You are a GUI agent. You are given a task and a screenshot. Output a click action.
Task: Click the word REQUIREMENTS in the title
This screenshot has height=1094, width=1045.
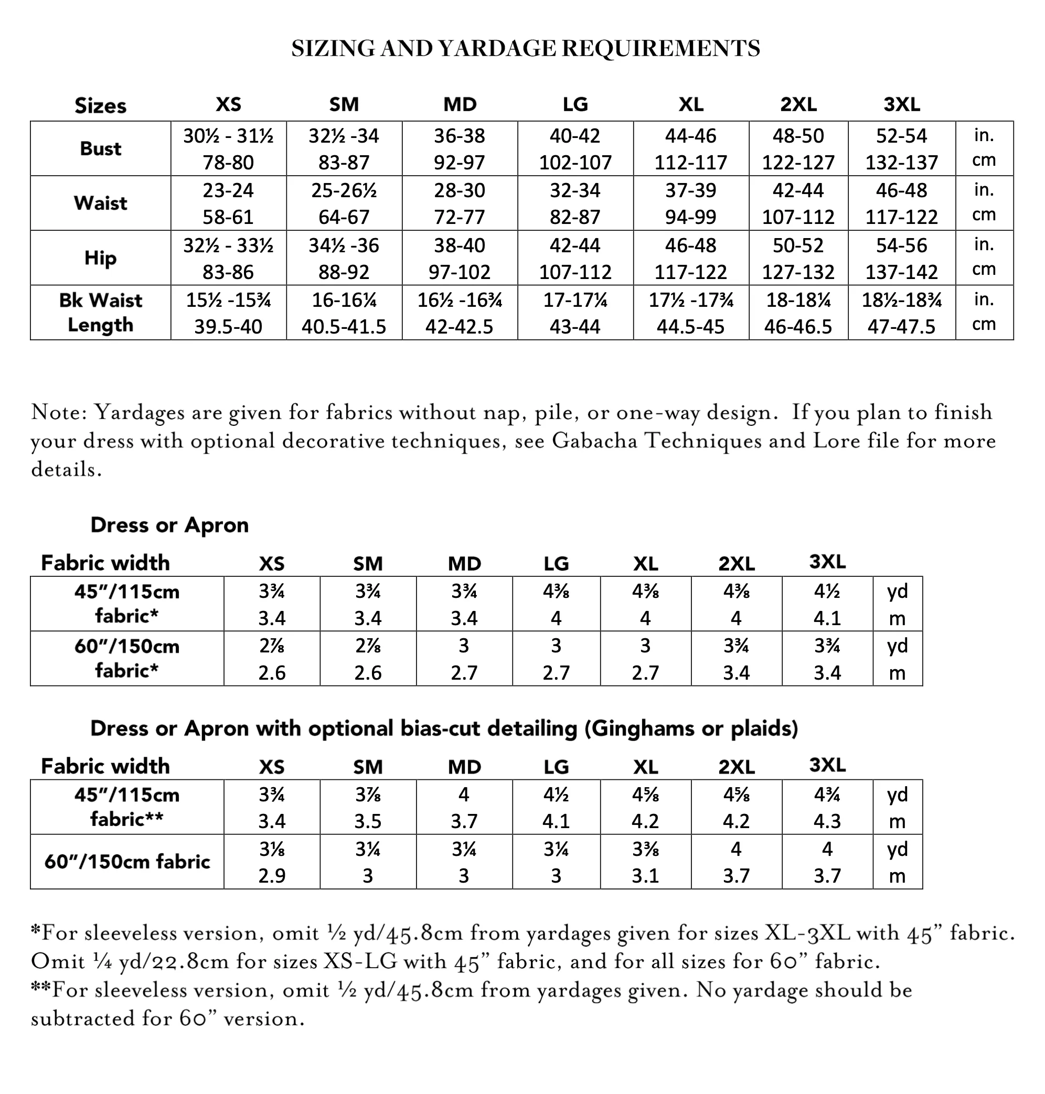click(660, 48)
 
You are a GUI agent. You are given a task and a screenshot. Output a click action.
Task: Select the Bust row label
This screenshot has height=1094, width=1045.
click(100, 148)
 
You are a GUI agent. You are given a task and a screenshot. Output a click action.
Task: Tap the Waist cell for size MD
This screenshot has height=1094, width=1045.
click(460, 203)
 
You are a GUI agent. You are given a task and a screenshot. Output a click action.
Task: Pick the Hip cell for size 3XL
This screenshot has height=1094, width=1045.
click(901, 258)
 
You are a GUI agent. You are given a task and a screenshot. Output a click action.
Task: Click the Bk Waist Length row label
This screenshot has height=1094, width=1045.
click(100, 313)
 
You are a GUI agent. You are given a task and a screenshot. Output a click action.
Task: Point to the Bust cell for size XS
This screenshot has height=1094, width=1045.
click(228, 148)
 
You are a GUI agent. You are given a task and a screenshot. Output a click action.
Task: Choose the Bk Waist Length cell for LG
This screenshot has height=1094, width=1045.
click(575, 313)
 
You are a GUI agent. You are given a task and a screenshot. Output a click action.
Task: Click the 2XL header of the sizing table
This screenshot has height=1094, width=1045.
click(798, 104)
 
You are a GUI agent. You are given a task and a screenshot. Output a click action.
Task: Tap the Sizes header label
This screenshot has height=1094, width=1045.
click(100, 105)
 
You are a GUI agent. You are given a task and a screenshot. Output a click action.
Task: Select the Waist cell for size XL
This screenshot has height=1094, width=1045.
click(691, 203)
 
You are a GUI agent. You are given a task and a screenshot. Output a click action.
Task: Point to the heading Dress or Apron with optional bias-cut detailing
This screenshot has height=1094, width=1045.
click(444, 728)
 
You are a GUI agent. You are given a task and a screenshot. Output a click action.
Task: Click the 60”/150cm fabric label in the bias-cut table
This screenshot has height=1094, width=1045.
click(127, 861)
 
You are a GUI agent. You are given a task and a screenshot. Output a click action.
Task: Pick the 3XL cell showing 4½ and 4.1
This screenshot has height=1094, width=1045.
click(827, 604)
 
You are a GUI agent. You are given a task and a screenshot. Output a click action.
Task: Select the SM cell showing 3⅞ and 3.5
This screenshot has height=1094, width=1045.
click(368, 807)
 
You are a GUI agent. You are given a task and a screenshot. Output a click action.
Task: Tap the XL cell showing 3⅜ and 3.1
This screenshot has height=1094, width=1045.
click(645, 862)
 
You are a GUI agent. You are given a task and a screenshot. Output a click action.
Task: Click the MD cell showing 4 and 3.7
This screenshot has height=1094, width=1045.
click(464, 807)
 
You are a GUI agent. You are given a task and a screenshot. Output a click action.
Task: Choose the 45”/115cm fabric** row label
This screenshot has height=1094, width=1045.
click(127, 807)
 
